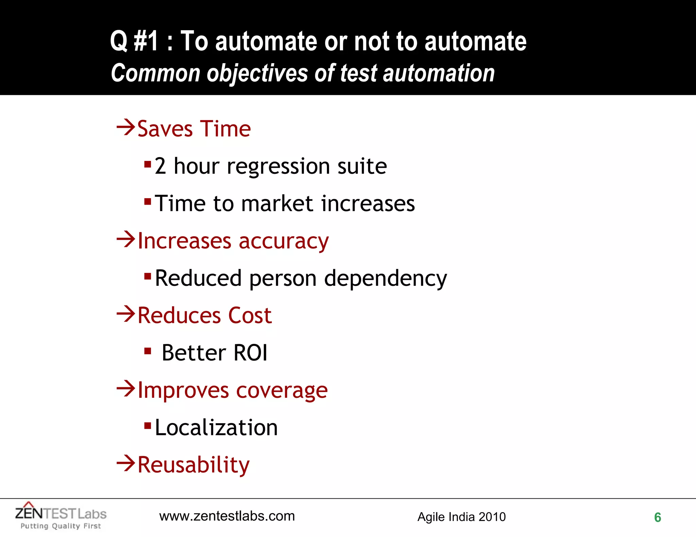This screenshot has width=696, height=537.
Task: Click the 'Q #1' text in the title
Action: [x=134, y=41]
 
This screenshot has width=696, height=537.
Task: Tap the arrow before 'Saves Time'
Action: [x=126, y=128]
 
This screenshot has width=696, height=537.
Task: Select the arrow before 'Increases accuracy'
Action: [x=126, y=240]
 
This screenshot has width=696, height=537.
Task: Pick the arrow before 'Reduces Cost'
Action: [x=126, y=314]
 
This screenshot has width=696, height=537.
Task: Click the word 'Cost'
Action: [x=250, y=315]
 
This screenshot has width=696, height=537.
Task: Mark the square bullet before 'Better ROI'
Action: [x=147, y=351]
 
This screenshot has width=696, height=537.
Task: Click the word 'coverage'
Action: [x=282, y=391]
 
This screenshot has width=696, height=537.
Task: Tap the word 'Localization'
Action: [x=216, y=427]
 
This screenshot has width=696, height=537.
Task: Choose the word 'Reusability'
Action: [x=193, y=465]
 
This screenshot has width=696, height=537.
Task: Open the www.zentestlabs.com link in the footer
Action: [x=227, y=516]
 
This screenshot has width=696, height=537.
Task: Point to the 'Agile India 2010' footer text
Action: [x=461, y=517]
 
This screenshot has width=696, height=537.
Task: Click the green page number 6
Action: [x=658, y=517]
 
